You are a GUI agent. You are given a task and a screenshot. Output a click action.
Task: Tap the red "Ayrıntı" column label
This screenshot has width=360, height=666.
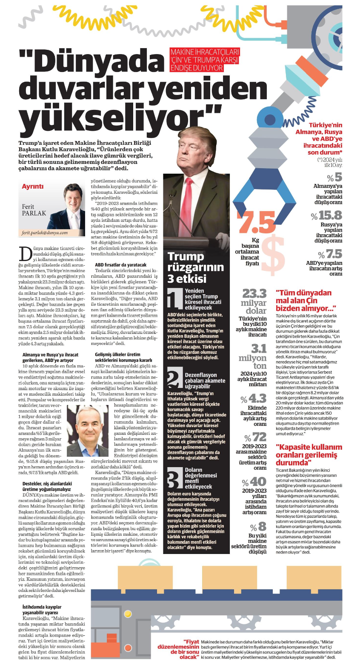click(33, 187)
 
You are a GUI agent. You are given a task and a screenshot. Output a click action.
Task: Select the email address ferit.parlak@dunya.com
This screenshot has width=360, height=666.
click(45, 233)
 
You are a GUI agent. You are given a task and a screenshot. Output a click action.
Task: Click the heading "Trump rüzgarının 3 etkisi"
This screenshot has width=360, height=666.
click(195, 267)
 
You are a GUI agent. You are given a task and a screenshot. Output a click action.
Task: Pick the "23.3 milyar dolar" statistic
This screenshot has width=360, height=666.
click(254, 301)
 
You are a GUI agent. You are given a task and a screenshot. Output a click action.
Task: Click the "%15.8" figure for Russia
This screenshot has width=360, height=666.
click(326, 215)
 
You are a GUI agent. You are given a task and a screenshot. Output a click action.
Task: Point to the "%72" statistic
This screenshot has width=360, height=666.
click(255, 437)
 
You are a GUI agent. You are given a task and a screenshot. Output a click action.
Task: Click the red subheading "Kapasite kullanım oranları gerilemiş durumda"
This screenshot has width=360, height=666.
click(309, 454)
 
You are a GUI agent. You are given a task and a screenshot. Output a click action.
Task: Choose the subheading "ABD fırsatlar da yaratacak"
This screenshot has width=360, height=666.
click(120, 265)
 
